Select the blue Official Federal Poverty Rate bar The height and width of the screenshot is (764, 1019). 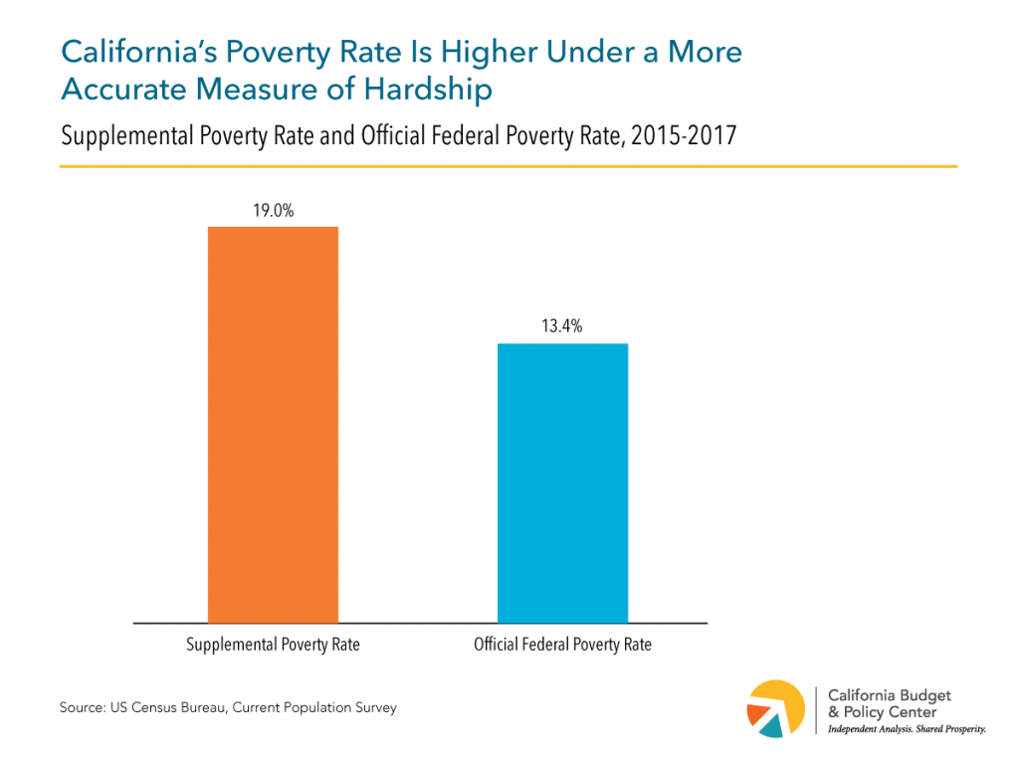pos(562,482)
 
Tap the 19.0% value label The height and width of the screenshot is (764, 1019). pos(273,211)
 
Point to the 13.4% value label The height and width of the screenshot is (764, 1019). pos(562,327)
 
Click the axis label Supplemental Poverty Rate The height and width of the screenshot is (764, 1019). pos(273,645)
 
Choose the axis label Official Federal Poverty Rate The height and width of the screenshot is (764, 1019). pos(562,645)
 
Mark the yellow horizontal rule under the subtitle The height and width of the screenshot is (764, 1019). pos(508,166)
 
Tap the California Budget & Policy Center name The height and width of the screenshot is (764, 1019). pos(882,702)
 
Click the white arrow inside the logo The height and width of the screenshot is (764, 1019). pos(778,706)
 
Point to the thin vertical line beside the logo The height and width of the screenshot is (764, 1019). pos(816,708)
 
